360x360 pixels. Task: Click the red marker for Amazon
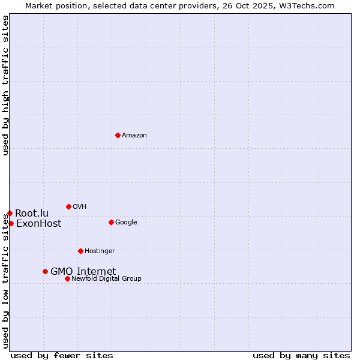pyautogui.click(x=118, y=135)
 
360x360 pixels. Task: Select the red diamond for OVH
pyautogui.click(x=68, y=206)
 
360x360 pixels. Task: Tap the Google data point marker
pyautogui.click(x=111, y=222)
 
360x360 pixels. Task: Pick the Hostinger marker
pyautogui.click(x=80, y=251)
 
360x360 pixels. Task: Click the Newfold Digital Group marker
pyautogui.click(x=67, y=278)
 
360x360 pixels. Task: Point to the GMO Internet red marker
pyautogui.click(x=45, y=271)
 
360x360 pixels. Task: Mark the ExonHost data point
pyautogui.click(x=11, y=223)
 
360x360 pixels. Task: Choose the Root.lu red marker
pyautogui.click(x=10, y=213)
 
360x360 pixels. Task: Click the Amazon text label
pyautogui.click(x=134, y=136)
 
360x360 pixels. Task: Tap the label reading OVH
pyautogui.click(x=80, y=207)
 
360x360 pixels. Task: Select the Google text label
pyautogui.click(x=126, y=223)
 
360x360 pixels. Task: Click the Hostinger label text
pyautogui.click(x=100, y=251)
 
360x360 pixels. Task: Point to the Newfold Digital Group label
pyautogui.click(x=106, y=279)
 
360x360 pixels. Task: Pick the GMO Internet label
pyautogui.click(x=83, y=272)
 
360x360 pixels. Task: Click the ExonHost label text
pyautogui.click(x=38, y=224)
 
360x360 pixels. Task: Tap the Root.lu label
pyautogui.click(x=32, y=214)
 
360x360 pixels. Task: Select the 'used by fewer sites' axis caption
pyautogui.click(x=62, y=355)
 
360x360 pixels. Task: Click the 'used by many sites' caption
pyautogui.click(x=301, y=355)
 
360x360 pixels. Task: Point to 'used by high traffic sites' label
pyautogui.click(x=6, y=85)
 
